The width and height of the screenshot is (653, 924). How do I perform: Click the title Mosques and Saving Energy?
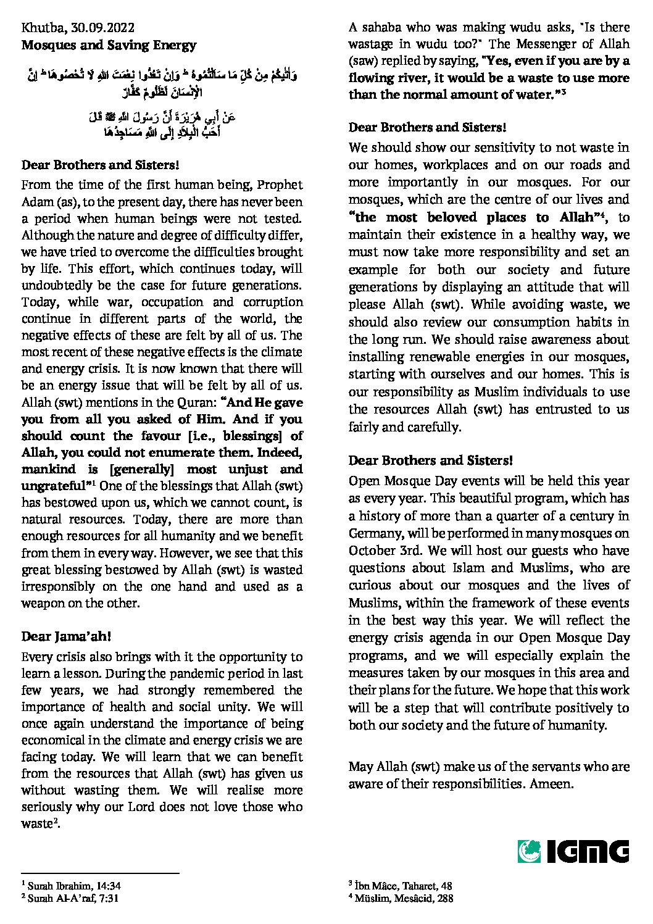tap(109, 45)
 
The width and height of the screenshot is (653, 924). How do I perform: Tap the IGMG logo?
tap(573, 851)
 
